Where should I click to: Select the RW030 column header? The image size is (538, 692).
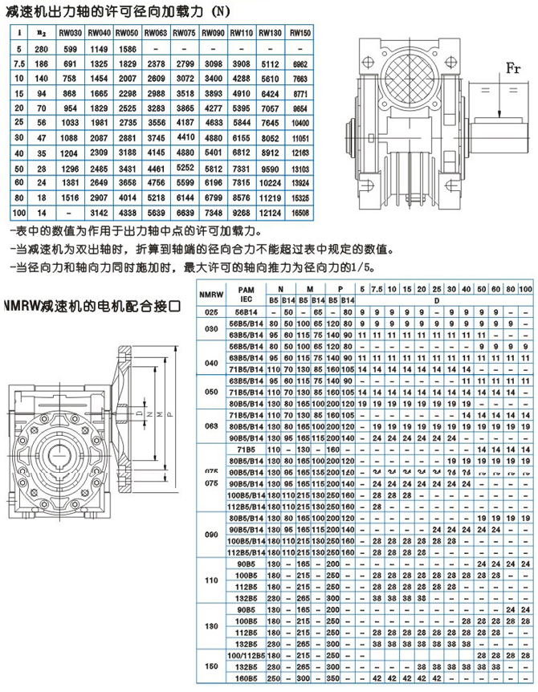(72, 34)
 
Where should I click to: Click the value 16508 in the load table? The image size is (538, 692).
(300, 213)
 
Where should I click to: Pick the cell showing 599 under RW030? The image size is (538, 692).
(72, 50)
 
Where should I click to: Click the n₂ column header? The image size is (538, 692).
(43, 34)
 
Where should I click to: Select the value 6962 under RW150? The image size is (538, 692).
(300, 62)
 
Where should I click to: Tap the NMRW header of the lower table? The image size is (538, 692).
(210, 294)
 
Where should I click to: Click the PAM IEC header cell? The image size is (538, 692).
(247, 294)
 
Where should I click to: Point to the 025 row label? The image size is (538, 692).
(210, 311)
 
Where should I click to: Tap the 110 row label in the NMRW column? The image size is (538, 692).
(210, 580)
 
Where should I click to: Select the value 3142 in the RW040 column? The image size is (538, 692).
(100, 213)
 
